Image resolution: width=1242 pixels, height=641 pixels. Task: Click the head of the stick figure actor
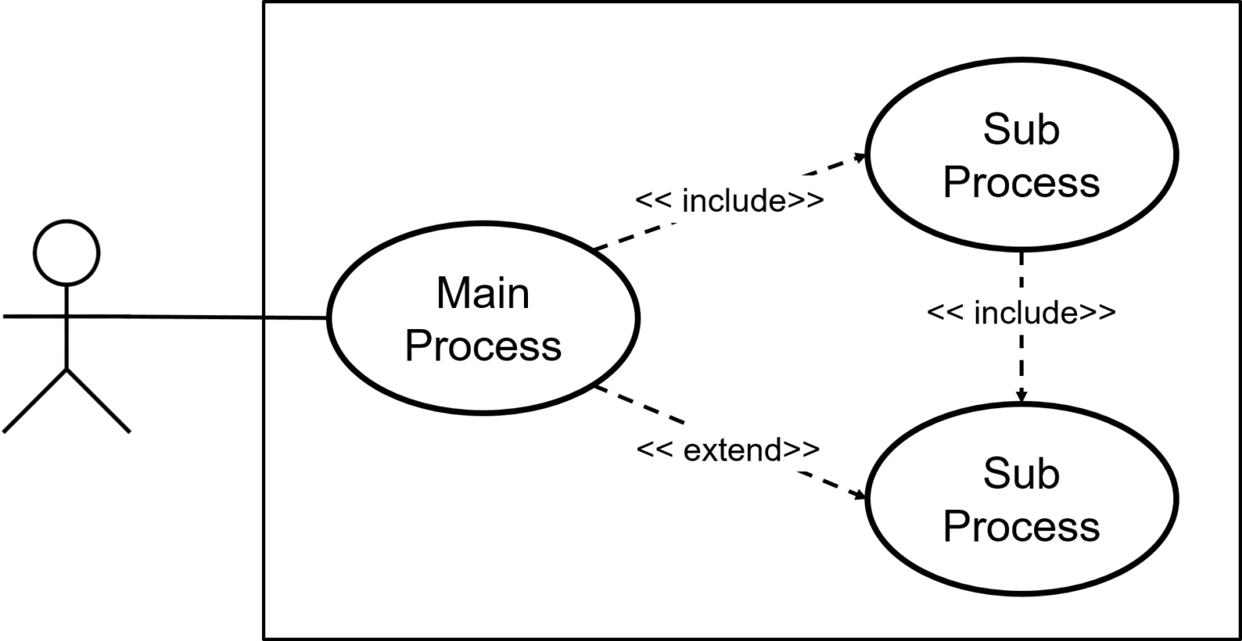pos(66,252)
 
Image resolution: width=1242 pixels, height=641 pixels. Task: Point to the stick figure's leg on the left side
pos(36,400)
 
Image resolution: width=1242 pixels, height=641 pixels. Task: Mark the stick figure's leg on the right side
pos(98,400)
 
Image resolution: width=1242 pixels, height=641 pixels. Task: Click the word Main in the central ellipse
pos(483,293)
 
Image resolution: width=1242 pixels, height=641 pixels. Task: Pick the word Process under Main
pos(483,346)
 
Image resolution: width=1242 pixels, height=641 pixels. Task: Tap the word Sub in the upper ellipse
pos(1020,129)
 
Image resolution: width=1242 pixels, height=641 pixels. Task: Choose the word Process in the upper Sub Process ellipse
pos(1020,183)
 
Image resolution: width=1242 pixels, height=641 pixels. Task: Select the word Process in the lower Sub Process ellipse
pos(1020,526)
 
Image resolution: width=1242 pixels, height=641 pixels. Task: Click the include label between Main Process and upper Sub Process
pos(729,200)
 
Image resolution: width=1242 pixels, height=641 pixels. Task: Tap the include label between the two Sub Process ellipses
pos(1020,311)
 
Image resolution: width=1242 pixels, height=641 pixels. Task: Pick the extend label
pos(728,449)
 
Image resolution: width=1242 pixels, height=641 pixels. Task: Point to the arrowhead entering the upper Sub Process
pos(858,158)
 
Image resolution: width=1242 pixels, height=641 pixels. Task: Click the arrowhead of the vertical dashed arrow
pos(1021,395)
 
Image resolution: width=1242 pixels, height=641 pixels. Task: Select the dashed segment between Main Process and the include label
pos(635,237)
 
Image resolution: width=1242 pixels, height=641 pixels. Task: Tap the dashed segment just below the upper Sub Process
pos(1021,269)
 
